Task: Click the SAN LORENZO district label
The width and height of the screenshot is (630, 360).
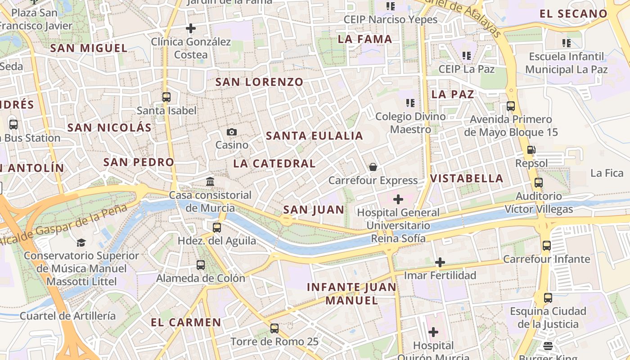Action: (x=259, y=82)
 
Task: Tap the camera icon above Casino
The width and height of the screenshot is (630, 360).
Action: (x=232, y=132)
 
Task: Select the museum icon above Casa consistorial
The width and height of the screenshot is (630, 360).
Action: (x=210, y=181)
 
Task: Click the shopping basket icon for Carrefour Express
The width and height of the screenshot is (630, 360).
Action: (x=373, y=167)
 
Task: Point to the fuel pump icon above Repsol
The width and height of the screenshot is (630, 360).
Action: (x=531, y=150)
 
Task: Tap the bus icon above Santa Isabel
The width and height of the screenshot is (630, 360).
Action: (x=166, y=97)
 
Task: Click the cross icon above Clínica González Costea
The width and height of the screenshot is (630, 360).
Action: (x=191, y=28)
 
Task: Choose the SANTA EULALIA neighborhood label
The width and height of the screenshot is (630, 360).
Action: (x=314, y=136)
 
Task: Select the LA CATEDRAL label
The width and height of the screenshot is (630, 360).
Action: (x=274, y=164)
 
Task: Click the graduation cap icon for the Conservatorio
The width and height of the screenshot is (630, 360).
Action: (x=81, y=243)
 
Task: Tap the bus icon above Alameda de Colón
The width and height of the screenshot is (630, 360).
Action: (x=201, y=265)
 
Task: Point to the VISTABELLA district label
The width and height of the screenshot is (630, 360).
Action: (x=467, y=179)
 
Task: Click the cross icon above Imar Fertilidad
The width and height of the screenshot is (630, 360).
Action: (x=440, y=262)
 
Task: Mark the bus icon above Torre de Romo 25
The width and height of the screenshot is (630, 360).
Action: (x=274, y=328)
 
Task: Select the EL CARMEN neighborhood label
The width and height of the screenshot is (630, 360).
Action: (x=186, y=323)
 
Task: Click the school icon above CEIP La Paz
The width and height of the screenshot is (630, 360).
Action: (x=467, y=56)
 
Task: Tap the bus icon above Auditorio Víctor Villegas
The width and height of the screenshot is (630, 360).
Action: (x=539, y=183)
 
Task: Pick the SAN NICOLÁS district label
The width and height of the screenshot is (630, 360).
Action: (x=109, y=128)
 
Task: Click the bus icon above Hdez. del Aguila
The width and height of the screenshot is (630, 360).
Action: (x=217, y=227)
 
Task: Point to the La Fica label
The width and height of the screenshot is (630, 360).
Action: (x=607, y=173)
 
